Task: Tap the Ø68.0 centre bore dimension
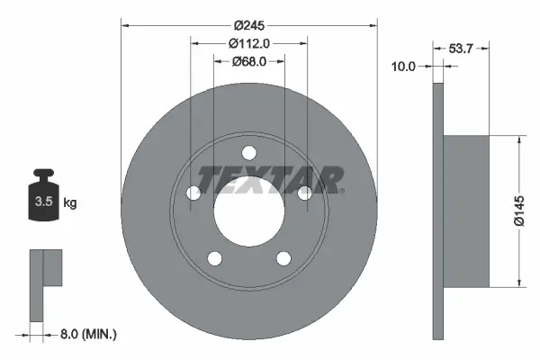248,62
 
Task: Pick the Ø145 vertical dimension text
519,211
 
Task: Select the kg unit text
70,203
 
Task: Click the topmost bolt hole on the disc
249,152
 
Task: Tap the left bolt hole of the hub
193,193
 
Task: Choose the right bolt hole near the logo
305,193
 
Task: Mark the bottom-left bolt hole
214,259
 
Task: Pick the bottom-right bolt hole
283,259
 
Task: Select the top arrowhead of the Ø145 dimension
519,139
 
